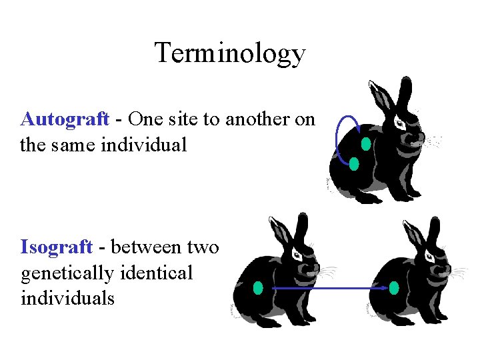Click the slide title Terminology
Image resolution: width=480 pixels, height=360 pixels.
230,53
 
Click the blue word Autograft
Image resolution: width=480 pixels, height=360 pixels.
65,119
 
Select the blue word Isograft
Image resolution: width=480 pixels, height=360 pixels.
57,247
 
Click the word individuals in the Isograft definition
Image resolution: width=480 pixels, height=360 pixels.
67,297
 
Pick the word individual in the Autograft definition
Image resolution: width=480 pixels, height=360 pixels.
144,144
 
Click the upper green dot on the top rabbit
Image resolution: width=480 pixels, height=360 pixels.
365,143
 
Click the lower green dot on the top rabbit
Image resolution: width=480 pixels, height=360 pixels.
354,163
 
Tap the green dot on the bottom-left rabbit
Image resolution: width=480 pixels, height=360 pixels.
259,288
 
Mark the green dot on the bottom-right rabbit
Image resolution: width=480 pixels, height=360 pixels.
394,288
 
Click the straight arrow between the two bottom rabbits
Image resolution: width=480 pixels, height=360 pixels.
330,289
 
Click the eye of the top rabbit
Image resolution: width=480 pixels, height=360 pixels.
399,124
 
